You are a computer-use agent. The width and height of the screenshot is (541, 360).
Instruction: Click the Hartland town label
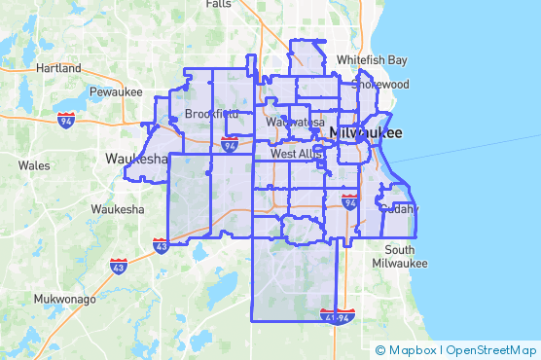58,69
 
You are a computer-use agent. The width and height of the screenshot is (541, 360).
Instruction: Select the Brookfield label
211,114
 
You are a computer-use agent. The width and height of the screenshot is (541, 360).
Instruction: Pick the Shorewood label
380,84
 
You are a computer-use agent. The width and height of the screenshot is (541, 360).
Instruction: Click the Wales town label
33,165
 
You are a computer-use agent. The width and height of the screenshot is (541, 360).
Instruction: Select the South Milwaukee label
399,257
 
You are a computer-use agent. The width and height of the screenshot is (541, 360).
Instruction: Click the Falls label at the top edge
219,4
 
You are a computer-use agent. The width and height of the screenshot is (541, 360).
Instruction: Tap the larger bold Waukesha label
137,160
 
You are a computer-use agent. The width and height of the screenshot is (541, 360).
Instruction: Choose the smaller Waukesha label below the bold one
118,209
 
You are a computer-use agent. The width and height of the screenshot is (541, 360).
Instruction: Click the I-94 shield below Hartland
66,121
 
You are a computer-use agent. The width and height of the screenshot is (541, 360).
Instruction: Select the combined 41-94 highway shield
337,315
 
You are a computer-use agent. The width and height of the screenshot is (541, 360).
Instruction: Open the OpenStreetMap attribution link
491,350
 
